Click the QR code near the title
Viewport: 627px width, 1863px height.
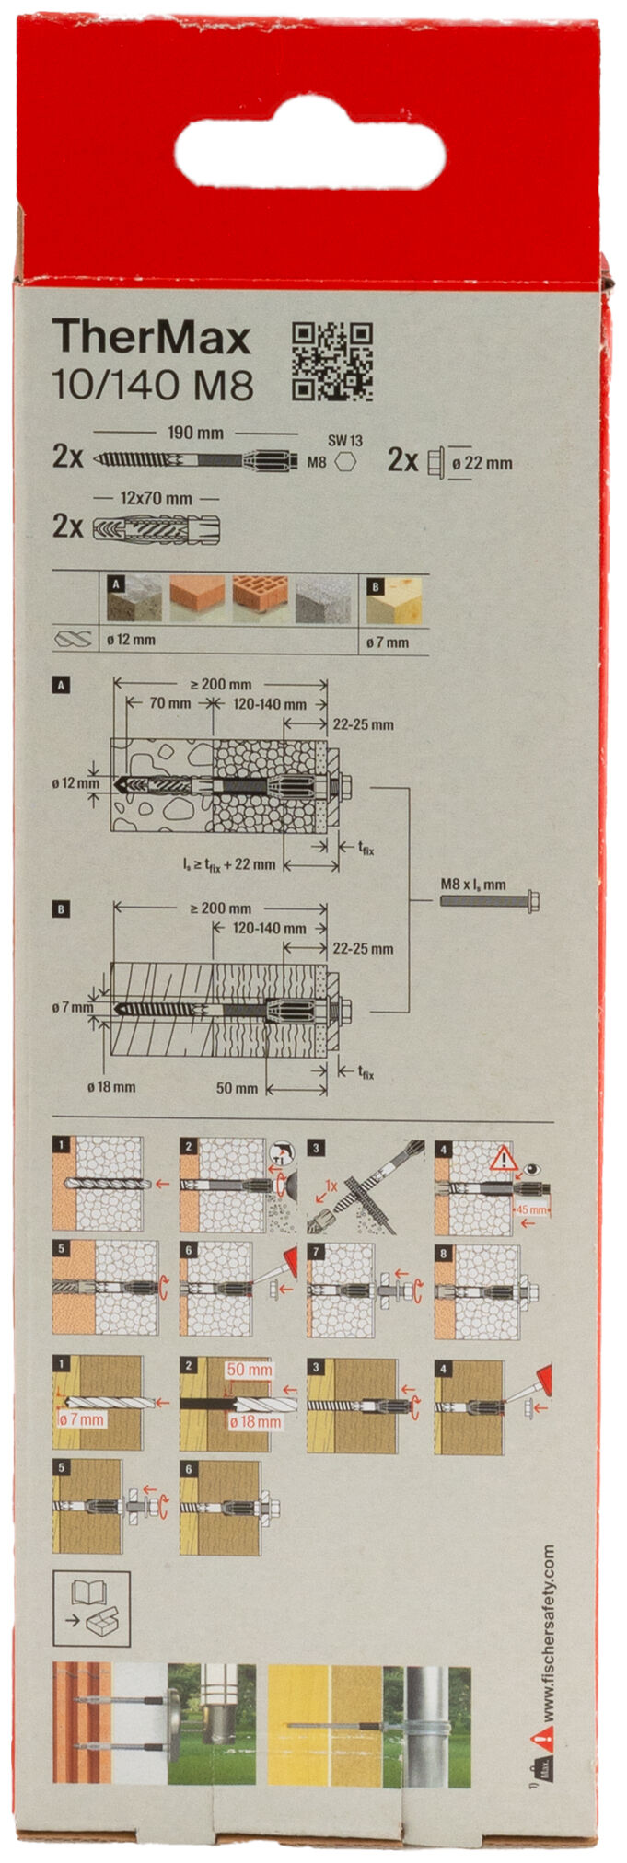point(332,362)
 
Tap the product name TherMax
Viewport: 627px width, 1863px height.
point(151,338)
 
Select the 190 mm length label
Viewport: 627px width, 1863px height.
point(196,433)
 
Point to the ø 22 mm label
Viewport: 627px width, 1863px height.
point(482,463)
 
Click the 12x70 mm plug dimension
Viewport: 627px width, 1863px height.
point(157,499)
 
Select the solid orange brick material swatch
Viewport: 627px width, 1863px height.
point(197,598)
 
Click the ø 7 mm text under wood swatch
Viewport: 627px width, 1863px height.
point(387,642)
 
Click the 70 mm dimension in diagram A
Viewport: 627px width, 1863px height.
point(170,704)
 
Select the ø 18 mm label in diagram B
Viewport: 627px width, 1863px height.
point(111,1087)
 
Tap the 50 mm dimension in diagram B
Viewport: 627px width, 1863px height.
point(237,1088)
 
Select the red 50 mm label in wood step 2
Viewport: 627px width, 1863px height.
point(249,1370)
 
